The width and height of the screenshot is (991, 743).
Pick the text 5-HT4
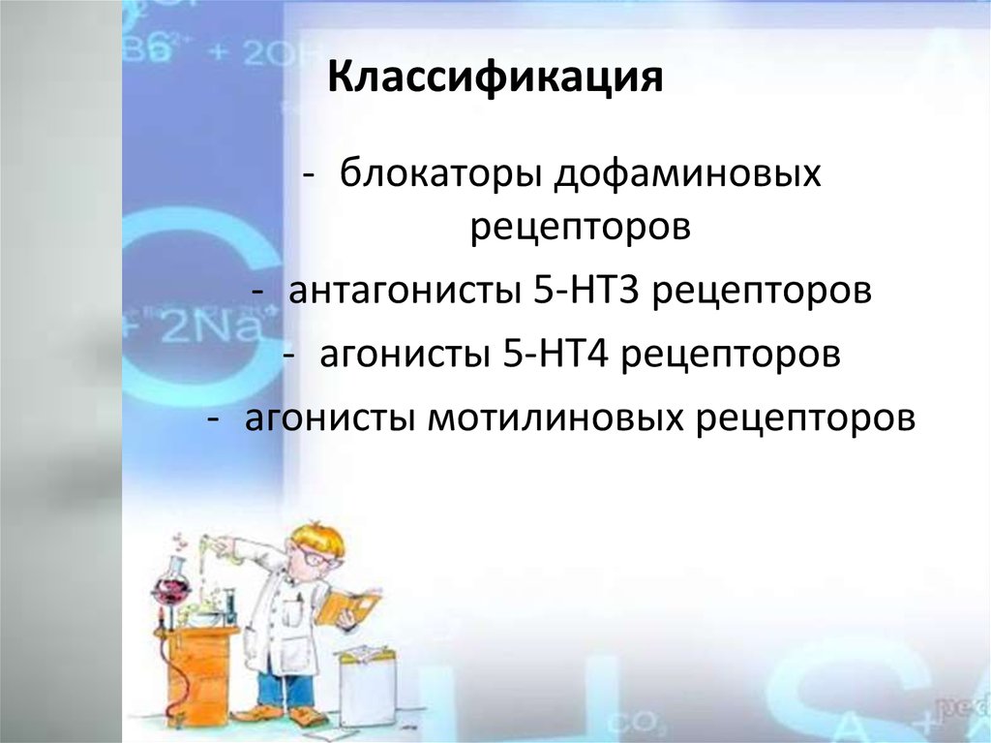pyautogui.click(x=556, y=355)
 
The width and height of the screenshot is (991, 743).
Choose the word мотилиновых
pyautogui.click(x=556, y=418)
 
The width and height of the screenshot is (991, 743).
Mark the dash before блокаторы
pyautogui.click(x=309, y=175)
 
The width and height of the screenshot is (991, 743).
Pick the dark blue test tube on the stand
pyautogui.click(x=230, y=604)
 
